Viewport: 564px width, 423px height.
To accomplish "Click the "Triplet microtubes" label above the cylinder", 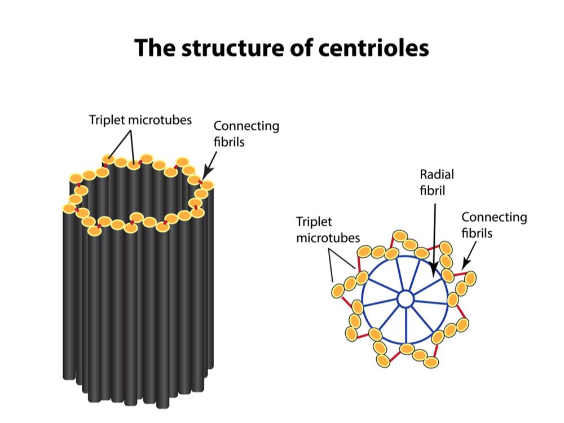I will coord(140,120).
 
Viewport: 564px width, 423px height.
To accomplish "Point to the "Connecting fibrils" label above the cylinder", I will coord(246,134).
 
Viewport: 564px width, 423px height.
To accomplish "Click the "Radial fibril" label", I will coord(437,182).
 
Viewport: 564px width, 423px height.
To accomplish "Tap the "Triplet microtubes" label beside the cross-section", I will coord(328,230).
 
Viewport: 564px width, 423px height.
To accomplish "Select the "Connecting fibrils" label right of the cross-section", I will coord(494,224).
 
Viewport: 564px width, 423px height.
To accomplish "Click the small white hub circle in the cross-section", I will coord(405,299).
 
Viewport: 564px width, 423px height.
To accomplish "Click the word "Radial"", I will coord(437,175).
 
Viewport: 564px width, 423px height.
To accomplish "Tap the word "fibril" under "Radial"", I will coord(432,190).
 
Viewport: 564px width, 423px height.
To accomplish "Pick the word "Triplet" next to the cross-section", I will coord(314,222).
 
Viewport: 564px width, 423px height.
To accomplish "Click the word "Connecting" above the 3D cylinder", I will coord(246,126).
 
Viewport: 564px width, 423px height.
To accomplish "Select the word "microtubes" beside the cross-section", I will coord(328,237).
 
